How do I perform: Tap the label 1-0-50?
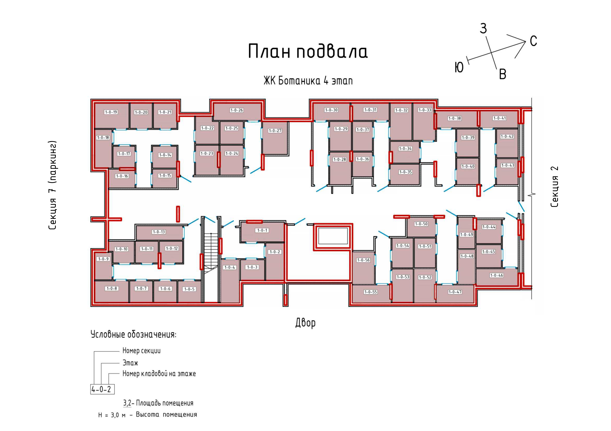click(x=421, y=224)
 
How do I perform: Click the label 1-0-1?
click(x=262, y=230)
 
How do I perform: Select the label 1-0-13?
click(x=159, y=232)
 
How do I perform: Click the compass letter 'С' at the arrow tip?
click(x=534, y=41)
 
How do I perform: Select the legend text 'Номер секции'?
click(x=142, y=351)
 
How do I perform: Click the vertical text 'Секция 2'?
click(x=554, y=187)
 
